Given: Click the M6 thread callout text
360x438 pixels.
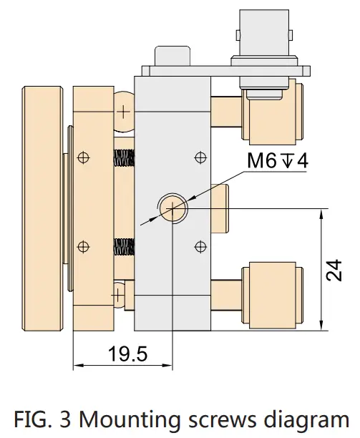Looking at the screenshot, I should [x=278, y=161].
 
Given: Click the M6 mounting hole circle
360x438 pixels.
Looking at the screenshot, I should [x=172, y=208].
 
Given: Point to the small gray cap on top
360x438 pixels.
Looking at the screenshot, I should [x=171, y=55].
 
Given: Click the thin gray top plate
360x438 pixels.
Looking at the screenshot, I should [x=226, y=70].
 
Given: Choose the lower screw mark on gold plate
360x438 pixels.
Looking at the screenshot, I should [x=84, y=246].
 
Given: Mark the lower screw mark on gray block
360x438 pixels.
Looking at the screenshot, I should [x=200, y=246].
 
